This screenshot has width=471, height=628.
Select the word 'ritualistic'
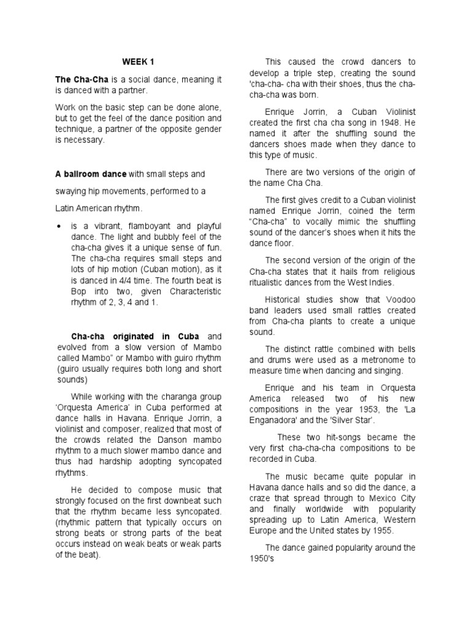272,283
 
